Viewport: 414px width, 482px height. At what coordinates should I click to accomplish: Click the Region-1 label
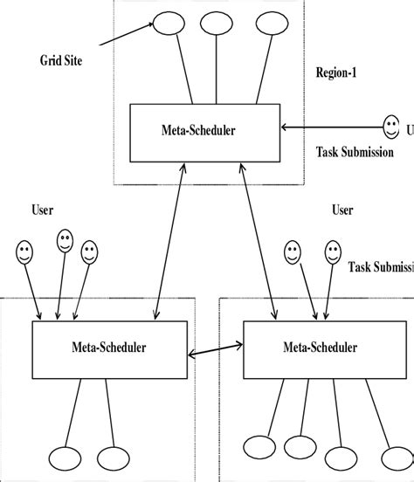point(337,75)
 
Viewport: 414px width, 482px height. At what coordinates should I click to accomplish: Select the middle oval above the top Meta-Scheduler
point(214,24)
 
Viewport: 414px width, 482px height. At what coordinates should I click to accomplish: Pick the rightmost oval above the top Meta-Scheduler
point(270,24)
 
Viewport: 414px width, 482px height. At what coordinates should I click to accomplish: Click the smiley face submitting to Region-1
point(392,124)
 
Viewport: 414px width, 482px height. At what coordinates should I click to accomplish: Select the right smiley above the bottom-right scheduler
point(334,253)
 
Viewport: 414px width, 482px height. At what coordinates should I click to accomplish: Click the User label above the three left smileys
point(44,210)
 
